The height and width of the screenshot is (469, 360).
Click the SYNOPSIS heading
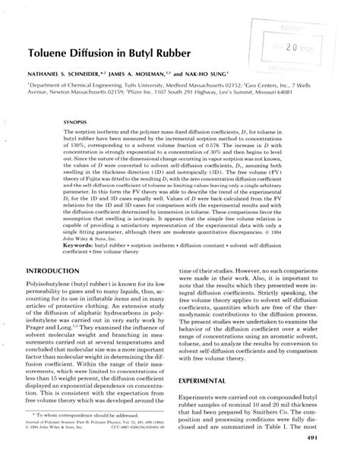(80, 121)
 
